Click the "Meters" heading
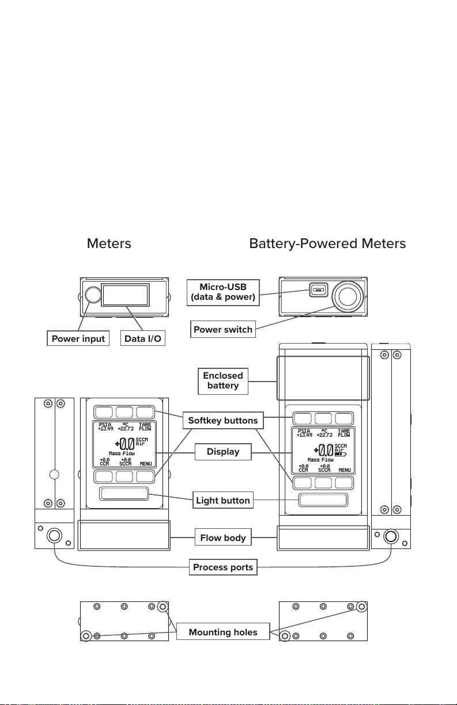[x=109, y=243]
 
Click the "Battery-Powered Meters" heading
[x=327, y=243]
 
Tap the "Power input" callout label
[x=78, y=338]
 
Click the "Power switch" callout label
[x=223, y=330]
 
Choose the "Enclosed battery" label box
[x=222, y=380]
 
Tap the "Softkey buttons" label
[x=222, y=420]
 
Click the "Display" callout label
[x=222, y=452]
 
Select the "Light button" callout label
[x=222, y=500]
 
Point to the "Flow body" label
[x=222, y=538]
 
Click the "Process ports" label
[x=222, y=567]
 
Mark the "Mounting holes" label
[x=222, y=632]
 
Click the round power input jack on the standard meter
[x=92, y=295]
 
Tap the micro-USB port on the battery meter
[x=318, y=290]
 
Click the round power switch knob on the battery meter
[x=347, y=295]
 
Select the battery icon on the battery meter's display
[x=340, y=454]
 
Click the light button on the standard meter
[x=124, y=494]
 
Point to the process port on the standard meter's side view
[x=54, y=535]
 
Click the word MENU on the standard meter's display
[x=146, y=463]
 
